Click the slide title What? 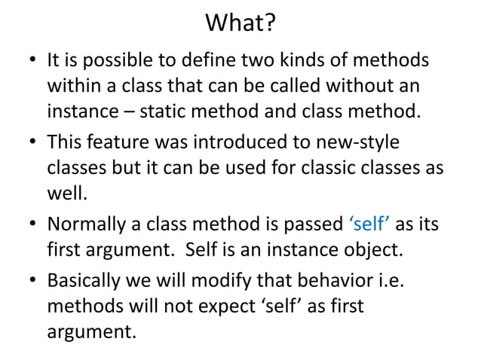(240, 25)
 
